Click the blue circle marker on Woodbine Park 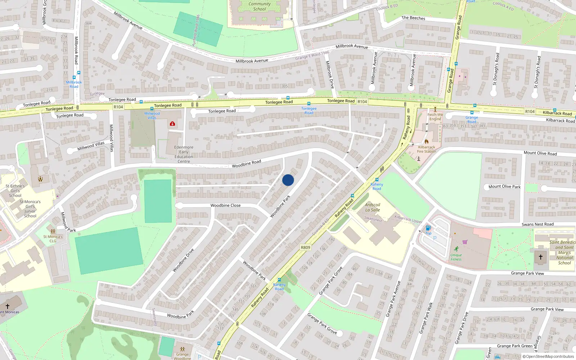[288, 180]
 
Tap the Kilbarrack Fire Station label [427, 149]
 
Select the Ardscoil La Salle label [373, 207]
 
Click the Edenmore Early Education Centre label [184, 154]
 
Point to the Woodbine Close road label [225, 205]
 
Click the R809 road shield [305, 247]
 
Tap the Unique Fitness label [456, 257]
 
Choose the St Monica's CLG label [53, 239]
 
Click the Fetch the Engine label [435, 117]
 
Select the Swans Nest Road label [537, 224]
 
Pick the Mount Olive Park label [504, 186]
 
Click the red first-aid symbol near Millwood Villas [172, 123]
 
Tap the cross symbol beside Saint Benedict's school [540, 257]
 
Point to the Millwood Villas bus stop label [152, 116]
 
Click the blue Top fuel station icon [428, 228]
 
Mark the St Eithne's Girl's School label [15, 191]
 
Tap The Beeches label [413, 18]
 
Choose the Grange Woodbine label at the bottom [183, 356]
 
